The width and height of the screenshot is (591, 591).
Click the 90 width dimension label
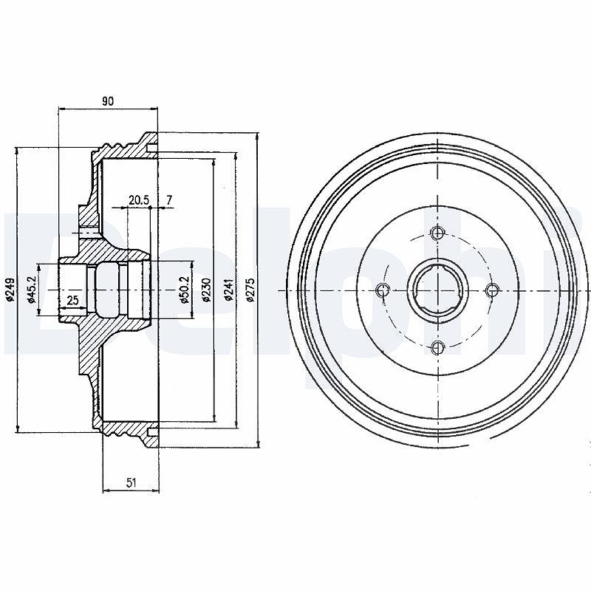click(x=108, y=101)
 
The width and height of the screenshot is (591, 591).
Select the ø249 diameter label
click(x=10, y=290)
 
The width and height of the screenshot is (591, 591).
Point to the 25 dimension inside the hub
click(x=72, y=301)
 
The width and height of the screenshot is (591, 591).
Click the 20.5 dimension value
click(x=139, y=200)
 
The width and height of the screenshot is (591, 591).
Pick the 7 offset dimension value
click(x=169, y=200)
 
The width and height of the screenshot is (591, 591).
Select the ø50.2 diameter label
click(x=184, y=290)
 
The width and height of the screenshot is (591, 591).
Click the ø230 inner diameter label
click(x=206, y=290)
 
